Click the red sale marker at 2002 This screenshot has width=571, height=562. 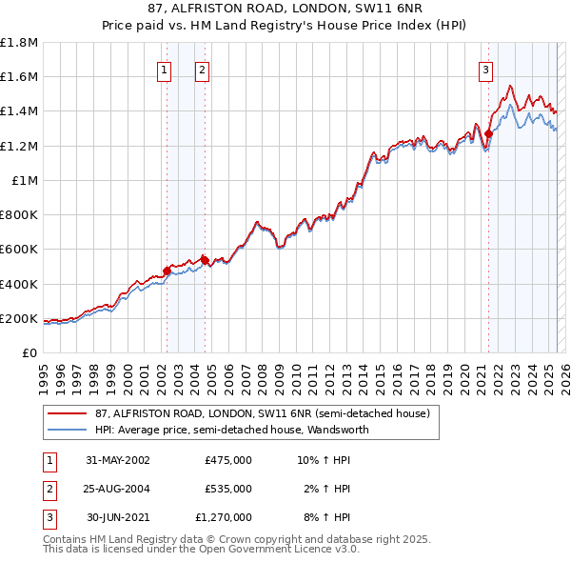click(x=167, y=271)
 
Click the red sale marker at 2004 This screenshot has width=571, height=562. click(x=205, y=259)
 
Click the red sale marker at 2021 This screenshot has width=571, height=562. click(x=488, y=133)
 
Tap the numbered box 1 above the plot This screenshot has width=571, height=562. click(x=165, y=69)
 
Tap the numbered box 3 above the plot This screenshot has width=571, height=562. click(x=485, y=69)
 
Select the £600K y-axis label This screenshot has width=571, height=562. click(x=19, y=250)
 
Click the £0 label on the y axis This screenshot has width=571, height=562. click(x=28, y=352)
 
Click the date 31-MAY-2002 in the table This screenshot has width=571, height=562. click(x=118, y=460)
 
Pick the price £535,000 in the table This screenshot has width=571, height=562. click(x=228, y=489)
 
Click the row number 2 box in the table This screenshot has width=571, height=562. click(x=49, y=489)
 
